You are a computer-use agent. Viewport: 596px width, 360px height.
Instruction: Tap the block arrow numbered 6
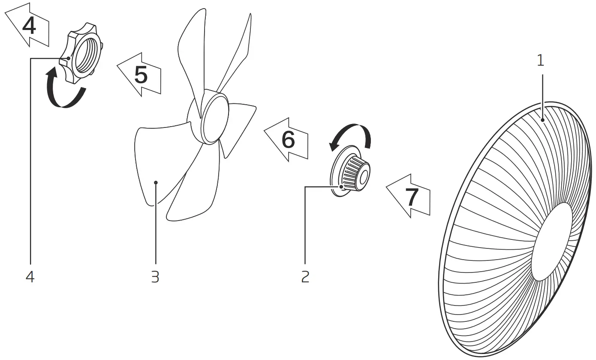287,139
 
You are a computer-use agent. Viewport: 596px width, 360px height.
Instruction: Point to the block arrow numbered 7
409,197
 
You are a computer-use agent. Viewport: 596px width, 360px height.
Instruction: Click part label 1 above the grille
541,61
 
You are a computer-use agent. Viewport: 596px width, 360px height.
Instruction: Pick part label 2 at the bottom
305,277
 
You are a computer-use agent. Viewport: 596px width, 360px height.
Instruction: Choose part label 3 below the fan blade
155,277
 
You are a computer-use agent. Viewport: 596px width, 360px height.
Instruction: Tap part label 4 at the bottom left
30,277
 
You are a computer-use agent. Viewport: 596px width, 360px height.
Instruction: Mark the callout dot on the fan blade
156,182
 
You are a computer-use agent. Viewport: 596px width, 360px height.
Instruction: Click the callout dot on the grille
542,121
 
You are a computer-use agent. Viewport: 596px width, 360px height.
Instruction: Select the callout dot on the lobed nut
69,58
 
